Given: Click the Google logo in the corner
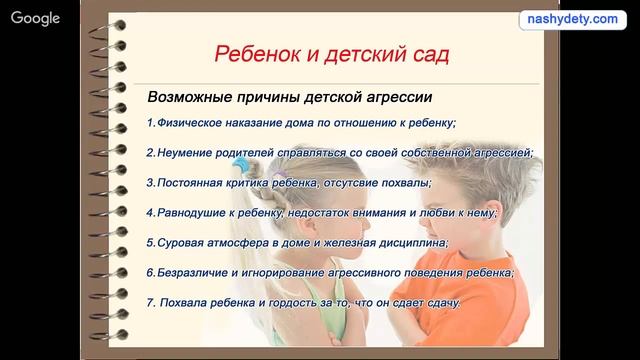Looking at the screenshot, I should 34,18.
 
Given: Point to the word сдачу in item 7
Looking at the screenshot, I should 439,302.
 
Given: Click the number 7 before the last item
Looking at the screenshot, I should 149,302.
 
